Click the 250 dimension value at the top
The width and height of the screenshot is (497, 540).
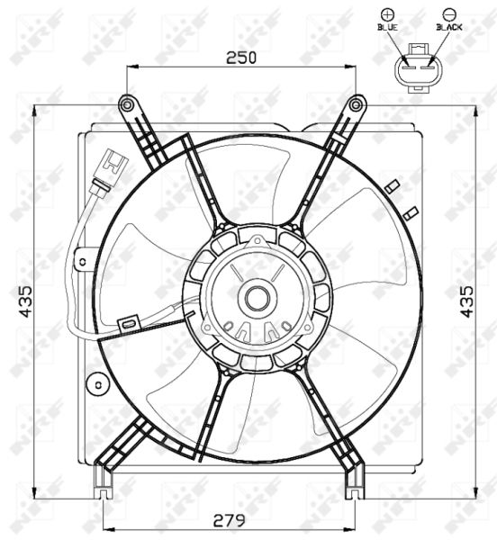pos(241,58)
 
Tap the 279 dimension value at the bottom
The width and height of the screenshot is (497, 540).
pos(230,520)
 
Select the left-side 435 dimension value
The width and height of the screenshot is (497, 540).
pos(25,301)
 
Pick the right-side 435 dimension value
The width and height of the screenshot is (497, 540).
pos(467,301)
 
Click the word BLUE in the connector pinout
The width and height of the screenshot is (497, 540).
pos(387,27)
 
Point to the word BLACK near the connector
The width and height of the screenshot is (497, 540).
pos(449,27)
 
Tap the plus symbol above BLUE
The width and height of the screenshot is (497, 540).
pos(387,14)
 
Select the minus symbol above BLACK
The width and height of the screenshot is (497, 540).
pos(449,14)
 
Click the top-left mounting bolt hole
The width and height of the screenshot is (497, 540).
pos(127,104)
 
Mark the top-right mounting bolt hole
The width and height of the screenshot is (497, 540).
pos(356,105)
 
